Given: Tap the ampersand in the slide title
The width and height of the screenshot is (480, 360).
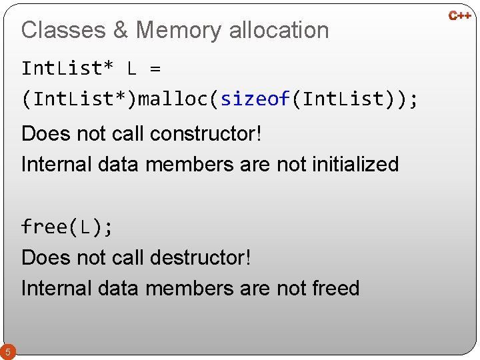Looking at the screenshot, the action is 121,30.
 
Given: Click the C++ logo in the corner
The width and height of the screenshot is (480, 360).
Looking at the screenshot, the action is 460,15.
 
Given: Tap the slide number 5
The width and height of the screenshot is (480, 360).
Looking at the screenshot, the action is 7,351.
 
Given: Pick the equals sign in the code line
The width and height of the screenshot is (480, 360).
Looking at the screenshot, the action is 155,69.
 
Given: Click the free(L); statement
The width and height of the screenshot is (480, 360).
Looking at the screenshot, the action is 67,227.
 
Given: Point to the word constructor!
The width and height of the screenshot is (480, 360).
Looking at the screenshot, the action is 205,133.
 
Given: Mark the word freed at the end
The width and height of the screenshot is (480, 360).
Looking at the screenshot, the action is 335,288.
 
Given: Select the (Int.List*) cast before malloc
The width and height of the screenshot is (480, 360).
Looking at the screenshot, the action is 79,100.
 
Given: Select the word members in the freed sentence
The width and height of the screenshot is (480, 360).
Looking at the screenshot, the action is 190,288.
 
